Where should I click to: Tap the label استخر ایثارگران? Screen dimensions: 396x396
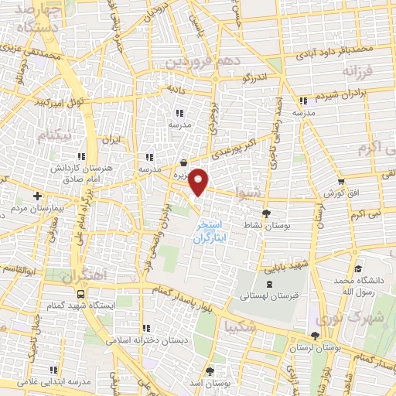[x=210, y=230]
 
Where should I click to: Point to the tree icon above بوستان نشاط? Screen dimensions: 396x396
[x=267, y=213]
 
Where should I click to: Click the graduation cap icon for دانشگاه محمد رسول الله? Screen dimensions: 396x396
[x=357, y=268]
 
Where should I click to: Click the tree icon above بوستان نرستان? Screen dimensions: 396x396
[x=314, y=336]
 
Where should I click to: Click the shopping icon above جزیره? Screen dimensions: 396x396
[x=183, y=163]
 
